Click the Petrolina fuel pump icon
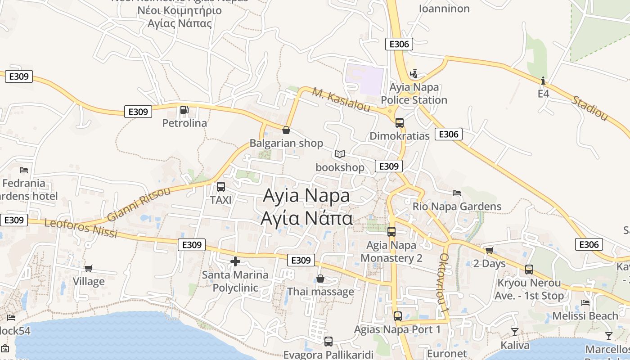pos(184,110)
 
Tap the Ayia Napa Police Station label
pos(414,94)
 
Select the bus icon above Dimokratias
pos(399,122)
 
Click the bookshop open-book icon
pos(339,154)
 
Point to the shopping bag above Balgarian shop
pos(286,130)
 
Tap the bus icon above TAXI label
pos(220,187)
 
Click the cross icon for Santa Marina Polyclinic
pos(235,261)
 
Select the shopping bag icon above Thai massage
pos(320,279)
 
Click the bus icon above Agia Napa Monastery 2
pos(391,232)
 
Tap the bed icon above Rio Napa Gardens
pos(457,193)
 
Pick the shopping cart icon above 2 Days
pos(489,250)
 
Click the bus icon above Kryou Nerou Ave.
pos(529,270)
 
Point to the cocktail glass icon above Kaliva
pos(515,332)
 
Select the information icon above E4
pos(543,81)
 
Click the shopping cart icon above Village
pos(89,268)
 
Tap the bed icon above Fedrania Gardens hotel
pos(24,170)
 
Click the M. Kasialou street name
pos(341,100)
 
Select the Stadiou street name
pos(589,108)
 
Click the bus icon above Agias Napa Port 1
pos(397,316)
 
